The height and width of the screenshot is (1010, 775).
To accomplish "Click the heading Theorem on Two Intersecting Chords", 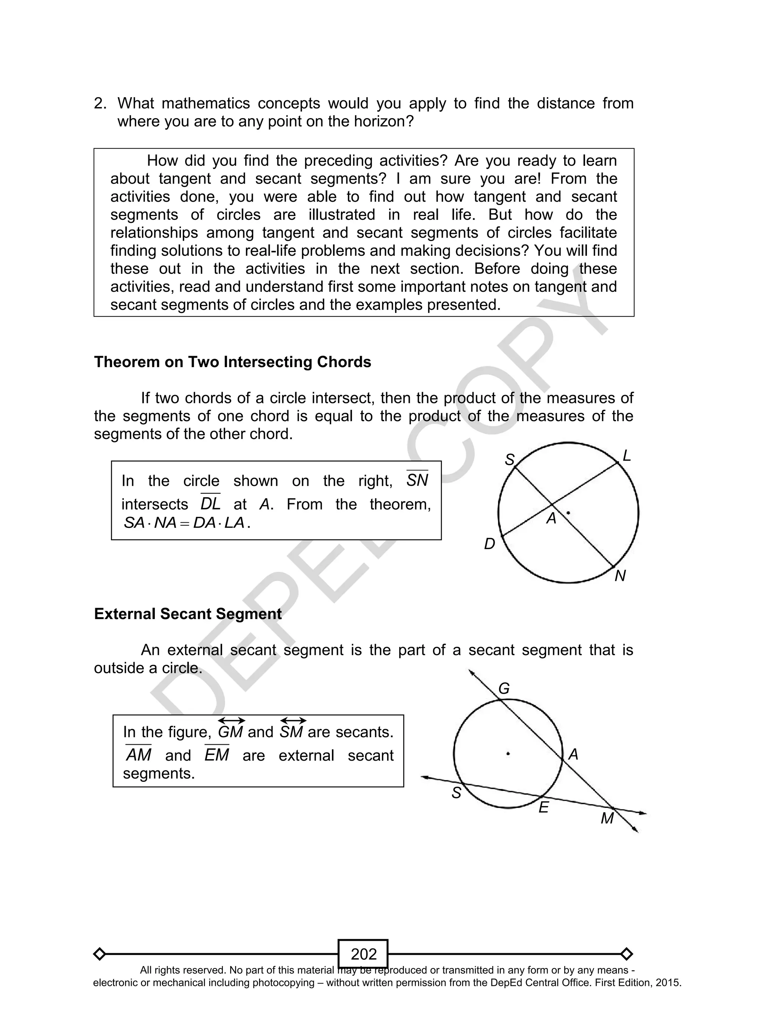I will (x=232, y=362).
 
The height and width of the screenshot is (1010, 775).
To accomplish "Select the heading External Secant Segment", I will (x=188, y=614).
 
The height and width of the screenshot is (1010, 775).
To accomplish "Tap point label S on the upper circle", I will (x=509, y=460).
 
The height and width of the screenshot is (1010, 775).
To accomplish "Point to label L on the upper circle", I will (x=626, y=456).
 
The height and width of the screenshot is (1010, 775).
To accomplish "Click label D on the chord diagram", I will (x=489, y=544).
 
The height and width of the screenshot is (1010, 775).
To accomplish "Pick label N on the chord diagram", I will (x=620, y=576).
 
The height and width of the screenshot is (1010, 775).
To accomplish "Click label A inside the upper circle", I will (x=551, y=519).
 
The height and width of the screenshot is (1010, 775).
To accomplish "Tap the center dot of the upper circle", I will (x=568, y=513).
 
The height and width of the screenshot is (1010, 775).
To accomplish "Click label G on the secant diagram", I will (x=504, y=689).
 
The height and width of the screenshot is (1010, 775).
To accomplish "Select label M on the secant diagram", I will (x=607, y=818).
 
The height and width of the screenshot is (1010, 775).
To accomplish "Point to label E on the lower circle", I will (x=543, y=808).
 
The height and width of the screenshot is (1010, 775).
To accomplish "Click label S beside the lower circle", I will (x=456, y=793).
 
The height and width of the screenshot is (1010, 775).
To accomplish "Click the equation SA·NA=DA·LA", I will (x=187, y=523).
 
